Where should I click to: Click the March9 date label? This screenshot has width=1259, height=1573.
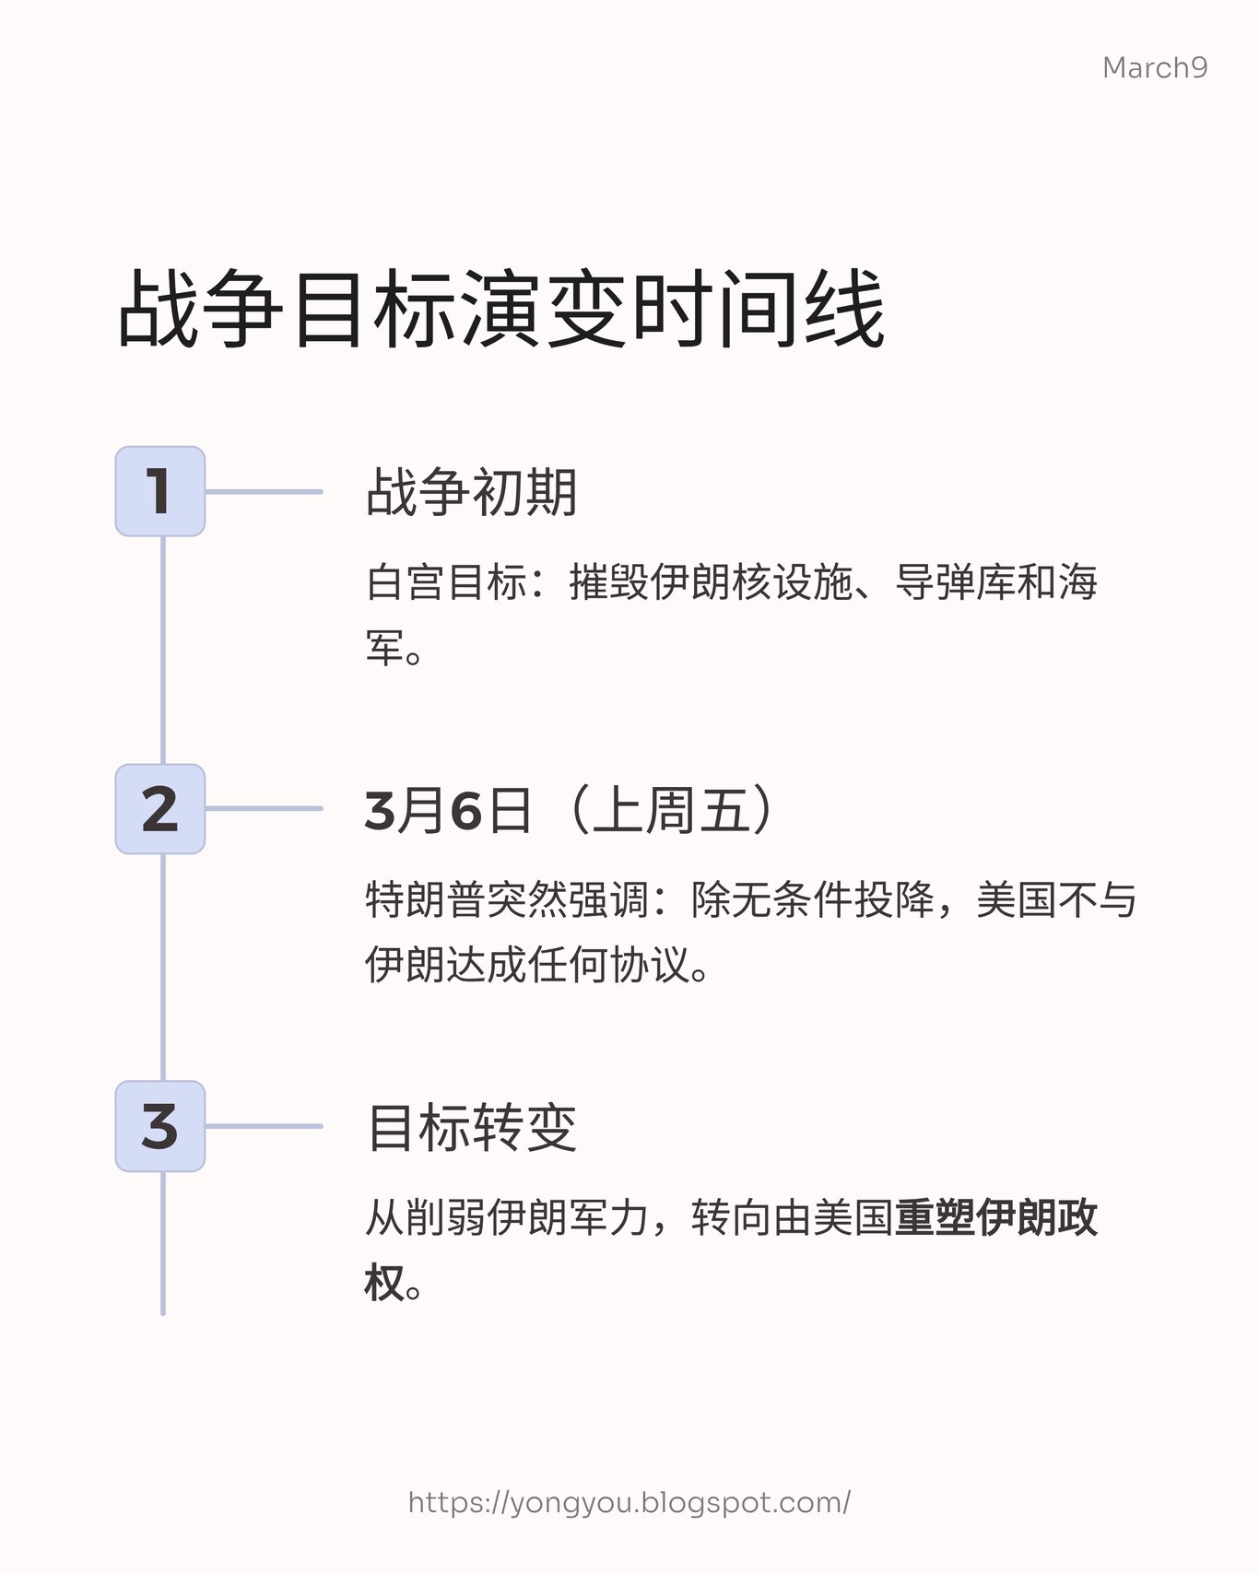(x=1154, y=67)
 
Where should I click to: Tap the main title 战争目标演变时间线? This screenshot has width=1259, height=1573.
(x=502, y=309)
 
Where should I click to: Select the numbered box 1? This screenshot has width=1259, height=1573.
(x=159, y=491)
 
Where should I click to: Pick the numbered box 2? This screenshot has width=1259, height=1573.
(x=159, y=809)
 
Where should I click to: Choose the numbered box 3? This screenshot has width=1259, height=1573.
(x=159, y=1126)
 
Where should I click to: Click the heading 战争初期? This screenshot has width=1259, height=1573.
(x=472, y=492)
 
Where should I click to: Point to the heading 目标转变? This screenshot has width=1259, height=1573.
(x=472, y=1127)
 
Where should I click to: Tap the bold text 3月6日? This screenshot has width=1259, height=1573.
(x=448, y=811)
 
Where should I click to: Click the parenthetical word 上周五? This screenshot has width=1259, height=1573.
(x=670, y=811)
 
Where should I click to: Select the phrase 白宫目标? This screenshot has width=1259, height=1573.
(x=446, y=582)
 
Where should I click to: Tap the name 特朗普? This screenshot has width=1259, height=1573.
(x=426, y=899)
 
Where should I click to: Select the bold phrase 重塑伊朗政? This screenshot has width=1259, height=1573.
(x=995, y=1217)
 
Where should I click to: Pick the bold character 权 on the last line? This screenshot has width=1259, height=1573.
(x=384, y=1283)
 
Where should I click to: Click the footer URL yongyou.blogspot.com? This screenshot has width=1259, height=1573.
(x=629, y=1503)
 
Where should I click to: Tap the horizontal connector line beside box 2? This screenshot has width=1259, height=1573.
(x=264, y=809)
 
